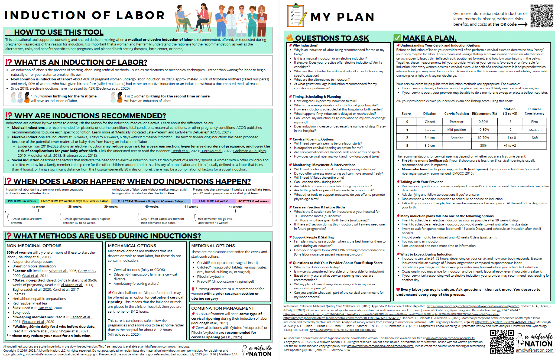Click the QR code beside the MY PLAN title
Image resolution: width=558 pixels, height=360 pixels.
[542, 16]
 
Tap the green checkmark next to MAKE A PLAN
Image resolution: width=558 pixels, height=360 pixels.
[397, 38]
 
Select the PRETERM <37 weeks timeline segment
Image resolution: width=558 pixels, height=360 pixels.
[22, 201]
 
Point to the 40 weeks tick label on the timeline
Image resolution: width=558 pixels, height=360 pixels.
[152, 207]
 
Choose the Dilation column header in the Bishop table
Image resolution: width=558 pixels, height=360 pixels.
[430, 114]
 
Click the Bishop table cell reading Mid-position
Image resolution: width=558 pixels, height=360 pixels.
[456, 130]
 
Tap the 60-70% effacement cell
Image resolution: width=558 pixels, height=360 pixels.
[483, 138]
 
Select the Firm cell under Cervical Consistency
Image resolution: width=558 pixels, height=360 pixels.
[534, 122]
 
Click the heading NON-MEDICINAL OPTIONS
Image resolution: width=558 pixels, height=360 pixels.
[34, 246]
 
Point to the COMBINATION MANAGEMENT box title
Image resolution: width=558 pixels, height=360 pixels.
[222, 308]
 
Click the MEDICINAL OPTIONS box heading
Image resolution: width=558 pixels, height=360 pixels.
[213, 246]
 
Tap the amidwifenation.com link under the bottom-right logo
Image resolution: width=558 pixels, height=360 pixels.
[534, 350]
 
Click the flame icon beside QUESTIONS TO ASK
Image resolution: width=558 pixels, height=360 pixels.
[290, 38]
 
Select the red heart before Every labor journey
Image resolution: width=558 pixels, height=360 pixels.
[398, 289]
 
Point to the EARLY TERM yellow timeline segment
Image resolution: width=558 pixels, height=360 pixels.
[75, 201]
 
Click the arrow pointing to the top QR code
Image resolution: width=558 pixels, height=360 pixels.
[522, 24]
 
